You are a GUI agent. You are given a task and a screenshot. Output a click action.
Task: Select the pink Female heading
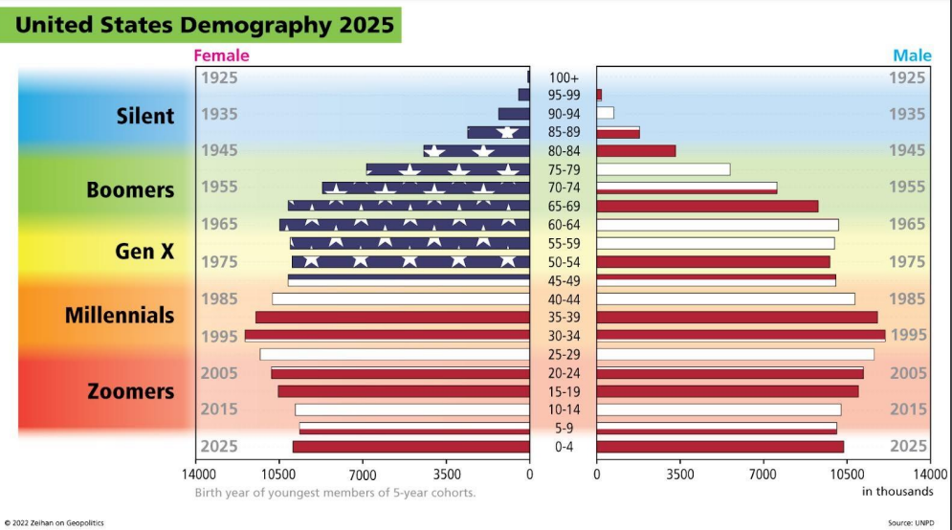[221, 55]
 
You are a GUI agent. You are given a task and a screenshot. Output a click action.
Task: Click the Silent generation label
[145, 117]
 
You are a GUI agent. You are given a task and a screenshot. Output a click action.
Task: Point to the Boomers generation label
[130, 189]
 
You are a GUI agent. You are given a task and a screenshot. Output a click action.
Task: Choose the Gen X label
[144, 251]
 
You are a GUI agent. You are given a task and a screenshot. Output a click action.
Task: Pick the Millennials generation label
[120, 315]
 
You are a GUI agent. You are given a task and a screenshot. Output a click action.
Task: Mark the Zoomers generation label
[130, 391]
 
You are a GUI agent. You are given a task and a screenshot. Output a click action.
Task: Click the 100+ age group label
[564, 77]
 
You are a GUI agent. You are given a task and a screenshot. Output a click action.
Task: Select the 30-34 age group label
[564, 336]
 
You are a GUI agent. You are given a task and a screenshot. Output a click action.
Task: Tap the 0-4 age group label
[564, 447]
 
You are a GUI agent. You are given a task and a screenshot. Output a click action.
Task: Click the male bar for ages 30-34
[741, 336]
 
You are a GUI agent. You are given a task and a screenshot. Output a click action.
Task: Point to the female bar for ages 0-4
[411, 447]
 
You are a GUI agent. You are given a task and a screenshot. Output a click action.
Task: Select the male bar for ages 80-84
[636, 151]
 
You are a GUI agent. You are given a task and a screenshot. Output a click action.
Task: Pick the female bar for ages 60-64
[405, 225]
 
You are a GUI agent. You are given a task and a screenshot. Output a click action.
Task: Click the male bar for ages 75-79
[663, 169]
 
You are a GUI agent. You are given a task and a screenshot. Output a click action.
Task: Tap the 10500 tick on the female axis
[278, 473]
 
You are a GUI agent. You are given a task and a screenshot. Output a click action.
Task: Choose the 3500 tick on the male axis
[679, 473]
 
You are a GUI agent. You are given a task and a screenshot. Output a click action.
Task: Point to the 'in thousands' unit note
[897, 492]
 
